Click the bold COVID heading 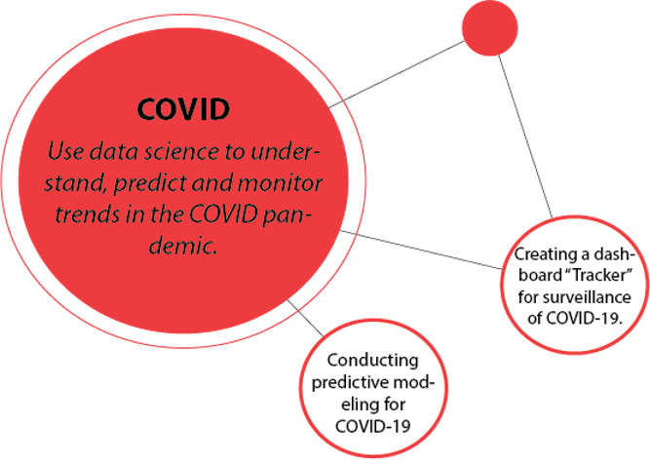(x=182, y=108)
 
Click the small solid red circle (x=489, y=27)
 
